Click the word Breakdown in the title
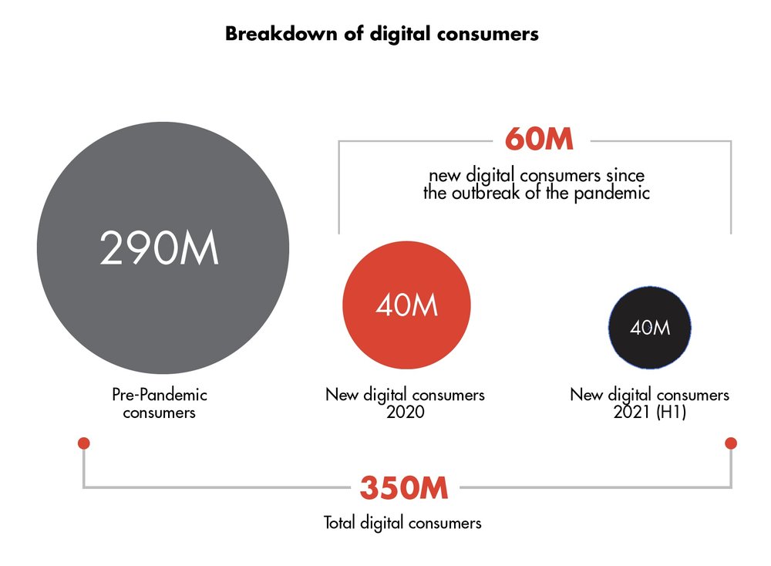[x=281, y=34]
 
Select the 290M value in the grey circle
[x=160, y=248]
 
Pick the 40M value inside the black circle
[x=650, y=328]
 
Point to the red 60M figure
[x=539, y=139]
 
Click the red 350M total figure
[x=404, y=488]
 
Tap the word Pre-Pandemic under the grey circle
[x=160, y=394]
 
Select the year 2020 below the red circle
[x=406, y=412]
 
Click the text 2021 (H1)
[x=649, y=412]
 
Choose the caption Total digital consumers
[x=402, y=523]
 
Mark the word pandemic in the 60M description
[x=611, y=194]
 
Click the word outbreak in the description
[x=485, y=193]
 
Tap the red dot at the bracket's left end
[x=84, y=443]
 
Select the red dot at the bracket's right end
[x=731, y=443]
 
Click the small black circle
[x=649, y=328]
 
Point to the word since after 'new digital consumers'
[x=625, y=175]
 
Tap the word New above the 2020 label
[x=342, y=394]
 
